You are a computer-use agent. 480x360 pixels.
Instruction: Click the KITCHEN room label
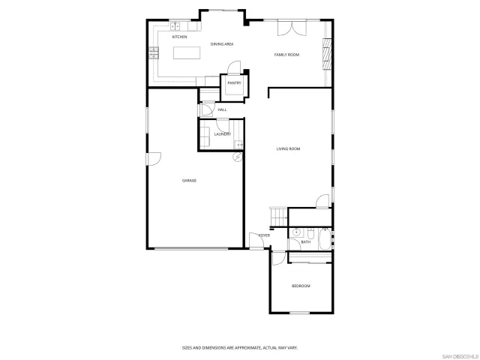(x=179, y=37)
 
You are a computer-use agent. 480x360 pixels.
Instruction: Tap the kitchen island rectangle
(x=189, y=53)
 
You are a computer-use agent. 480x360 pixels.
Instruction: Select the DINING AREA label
(x=222, y=44)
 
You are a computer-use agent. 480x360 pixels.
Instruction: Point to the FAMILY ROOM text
(x=286, y=55)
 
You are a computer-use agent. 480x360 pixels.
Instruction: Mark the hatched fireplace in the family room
(x=326, y=53)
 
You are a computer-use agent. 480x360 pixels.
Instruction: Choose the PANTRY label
(x=233, y=83)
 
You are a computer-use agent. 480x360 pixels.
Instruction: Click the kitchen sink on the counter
(x=174, y=27)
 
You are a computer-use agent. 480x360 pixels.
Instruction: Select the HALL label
(x=222, y=110)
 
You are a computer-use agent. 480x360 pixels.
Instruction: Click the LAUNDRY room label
(x=222, y=134)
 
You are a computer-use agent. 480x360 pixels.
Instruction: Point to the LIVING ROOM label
(x=288, y=149)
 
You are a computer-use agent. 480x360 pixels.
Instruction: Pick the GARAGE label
(x=189, y=181)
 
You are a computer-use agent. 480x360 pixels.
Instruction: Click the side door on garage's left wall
(x=153, y=159)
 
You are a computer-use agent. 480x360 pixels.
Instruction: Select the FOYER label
(x=264, y=235)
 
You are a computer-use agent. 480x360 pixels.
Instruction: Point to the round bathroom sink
(x=297, y=232)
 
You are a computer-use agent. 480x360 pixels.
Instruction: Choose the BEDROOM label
(x=300, y=286)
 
